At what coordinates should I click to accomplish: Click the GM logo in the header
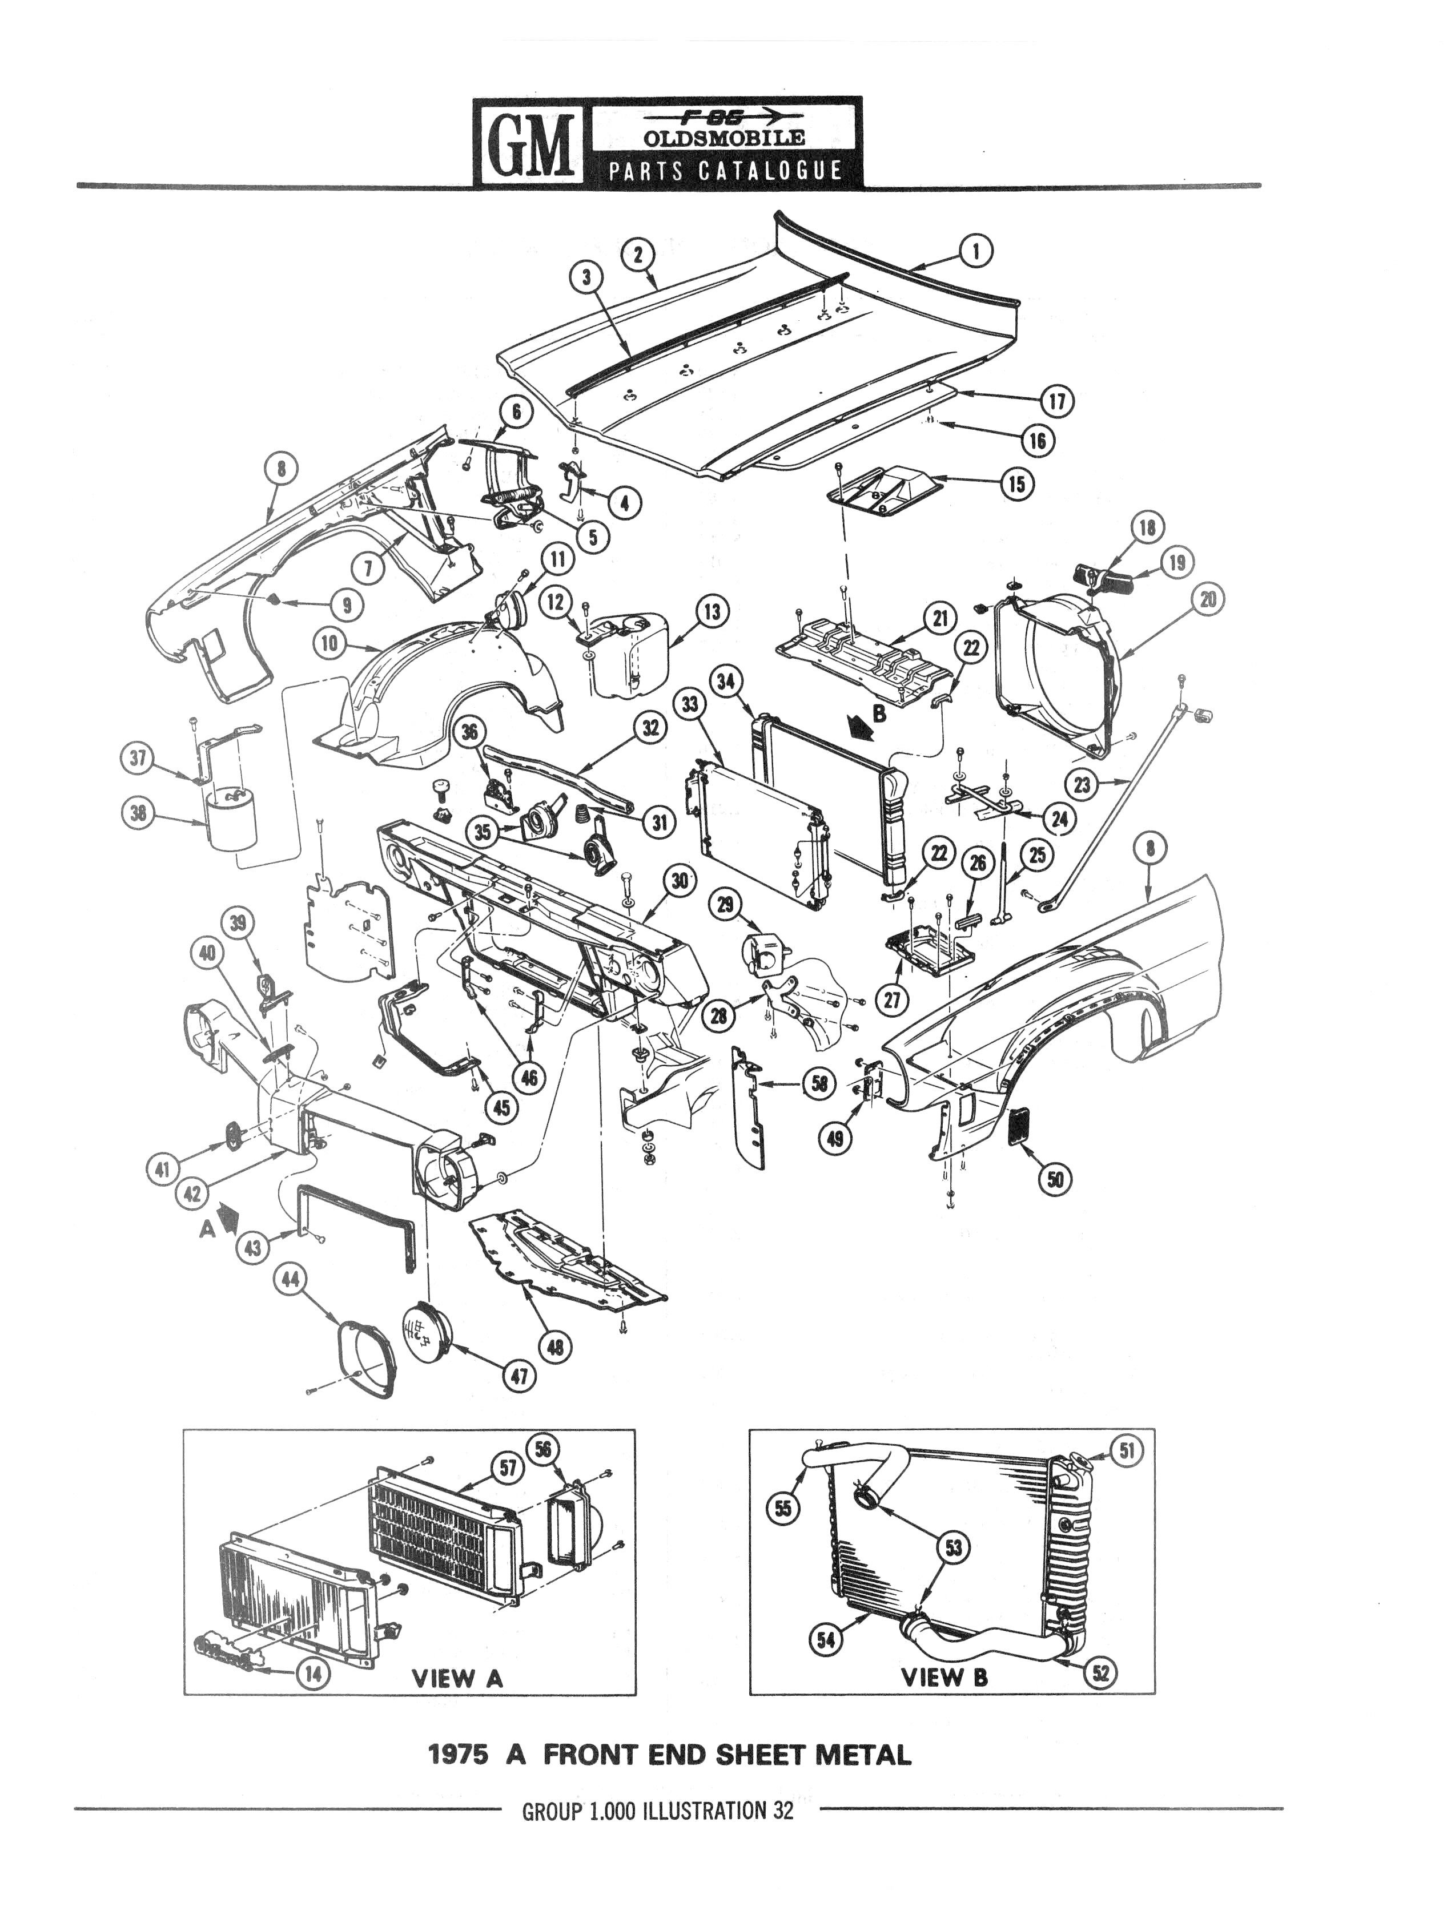click(529, 140)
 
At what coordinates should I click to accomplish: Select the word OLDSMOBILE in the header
click(724, 137)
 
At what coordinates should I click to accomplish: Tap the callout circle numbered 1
click(976, 252)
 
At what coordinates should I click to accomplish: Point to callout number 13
click(712, 612)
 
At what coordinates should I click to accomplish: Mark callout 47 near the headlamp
click(521, 1377)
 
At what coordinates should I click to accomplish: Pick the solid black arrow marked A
click(228, 1219)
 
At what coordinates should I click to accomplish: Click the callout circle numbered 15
click(1017, 484)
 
